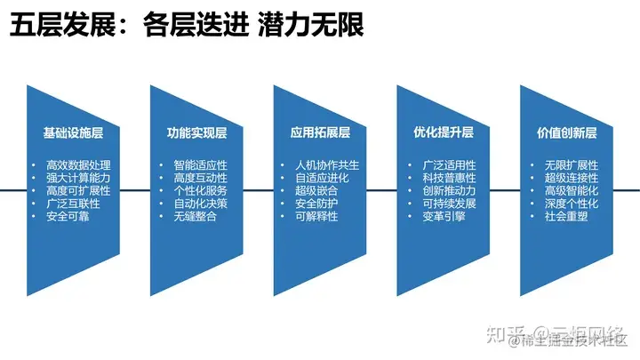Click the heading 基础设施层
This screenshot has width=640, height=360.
[73, 133]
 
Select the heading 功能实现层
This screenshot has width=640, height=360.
[196, 133]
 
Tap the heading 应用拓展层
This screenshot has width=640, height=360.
[320, 133]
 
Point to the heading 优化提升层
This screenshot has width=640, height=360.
[443, 133]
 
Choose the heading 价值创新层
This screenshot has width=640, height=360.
[566, 133]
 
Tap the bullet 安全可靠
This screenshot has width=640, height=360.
[68, 216]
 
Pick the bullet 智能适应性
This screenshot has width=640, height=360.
[201, 165]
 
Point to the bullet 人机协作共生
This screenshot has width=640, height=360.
[326, 165]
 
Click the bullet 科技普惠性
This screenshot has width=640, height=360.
[450, 178]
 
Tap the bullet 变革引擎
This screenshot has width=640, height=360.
[443, 216]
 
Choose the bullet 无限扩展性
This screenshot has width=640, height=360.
[572, 165]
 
